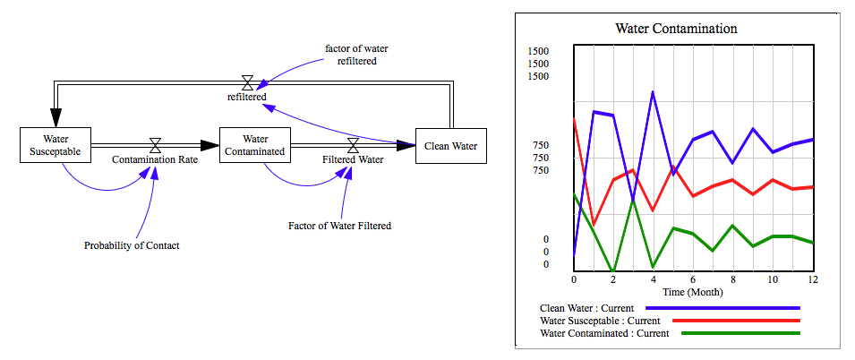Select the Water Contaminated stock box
[255, 145]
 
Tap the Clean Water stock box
[450, 145]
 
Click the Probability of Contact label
[132, 244]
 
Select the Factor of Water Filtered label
[339, 226]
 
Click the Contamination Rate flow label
[155, 160]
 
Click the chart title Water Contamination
[676, 29]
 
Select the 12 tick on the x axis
[812, 279]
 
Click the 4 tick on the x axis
[653, 279]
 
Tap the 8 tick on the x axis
[732, 279]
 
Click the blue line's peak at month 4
[653, 92]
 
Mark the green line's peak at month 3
[633, 200]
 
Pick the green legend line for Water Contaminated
[740, 333]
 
